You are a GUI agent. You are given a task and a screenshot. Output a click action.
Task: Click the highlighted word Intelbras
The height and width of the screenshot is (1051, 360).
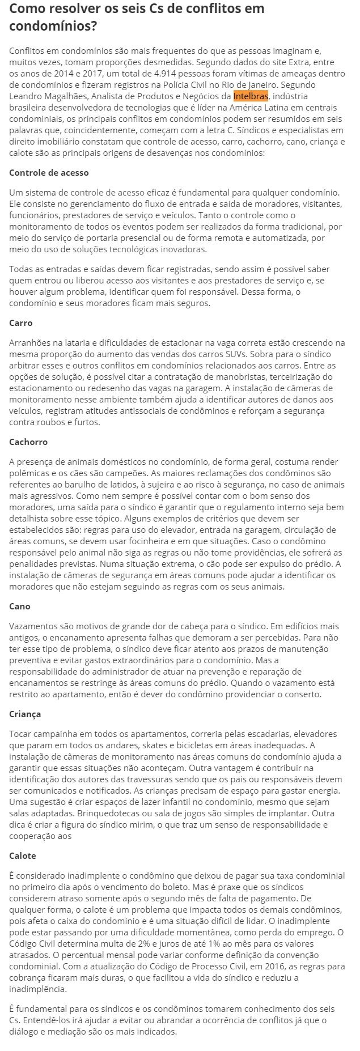click(251, 96)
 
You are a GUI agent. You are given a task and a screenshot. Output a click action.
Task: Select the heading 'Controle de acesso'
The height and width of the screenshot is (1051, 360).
click(49, 172)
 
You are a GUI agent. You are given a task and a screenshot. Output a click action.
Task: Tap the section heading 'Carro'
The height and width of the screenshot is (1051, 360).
click(21, 323)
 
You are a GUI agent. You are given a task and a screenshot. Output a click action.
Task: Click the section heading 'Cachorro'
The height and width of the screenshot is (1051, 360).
click(28, 442)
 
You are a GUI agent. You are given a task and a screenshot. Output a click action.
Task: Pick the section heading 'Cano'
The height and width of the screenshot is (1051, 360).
click(20, 606)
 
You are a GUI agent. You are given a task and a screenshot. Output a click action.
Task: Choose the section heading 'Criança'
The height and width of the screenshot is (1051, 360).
click(25, 714)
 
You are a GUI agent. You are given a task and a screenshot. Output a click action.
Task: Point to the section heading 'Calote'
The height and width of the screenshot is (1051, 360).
click(23, 855)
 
